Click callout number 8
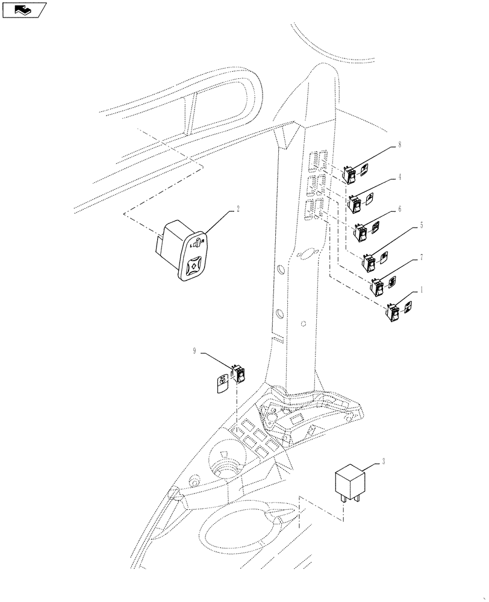pos(399,145)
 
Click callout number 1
pos(422,289)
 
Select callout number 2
pos(237,209)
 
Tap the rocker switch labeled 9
pos(240,375)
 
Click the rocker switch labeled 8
pos(349,175)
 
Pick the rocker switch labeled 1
pos(394,312)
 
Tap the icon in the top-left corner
pos(24,10)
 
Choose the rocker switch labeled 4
pos(357,205)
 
